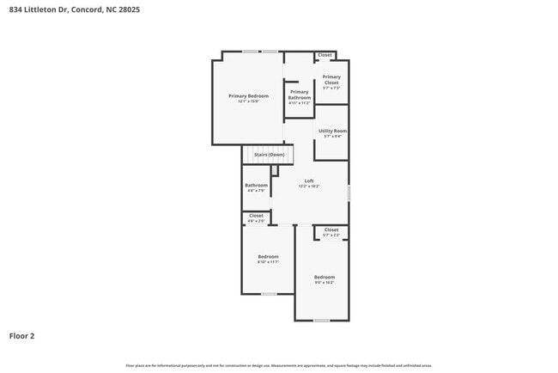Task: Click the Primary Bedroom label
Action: point(248,95)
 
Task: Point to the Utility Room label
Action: point(331,131)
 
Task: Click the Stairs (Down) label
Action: point(269,155)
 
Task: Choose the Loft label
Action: point(309,180)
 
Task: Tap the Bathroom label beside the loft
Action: point(256,185)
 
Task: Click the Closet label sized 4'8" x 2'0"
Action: point(256,216)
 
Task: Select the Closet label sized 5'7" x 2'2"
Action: point(331,229)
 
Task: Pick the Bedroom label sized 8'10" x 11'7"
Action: point(269,256)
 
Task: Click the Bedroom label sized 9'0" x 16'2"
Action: point(324,277)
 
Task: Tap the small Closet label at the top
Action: point(324,55)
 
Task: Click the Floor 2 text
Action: point(22,336)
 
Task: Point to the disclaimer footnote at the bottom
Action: point(278,364)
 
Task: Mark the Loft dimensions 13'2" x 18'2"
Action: point(309,186)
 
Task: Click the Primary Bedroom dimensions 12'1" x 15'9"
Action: point(248,101)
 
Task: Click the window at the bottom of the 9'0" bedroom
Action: point(321,321)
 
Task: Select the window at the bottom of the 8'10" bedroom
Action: point(269,294)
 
